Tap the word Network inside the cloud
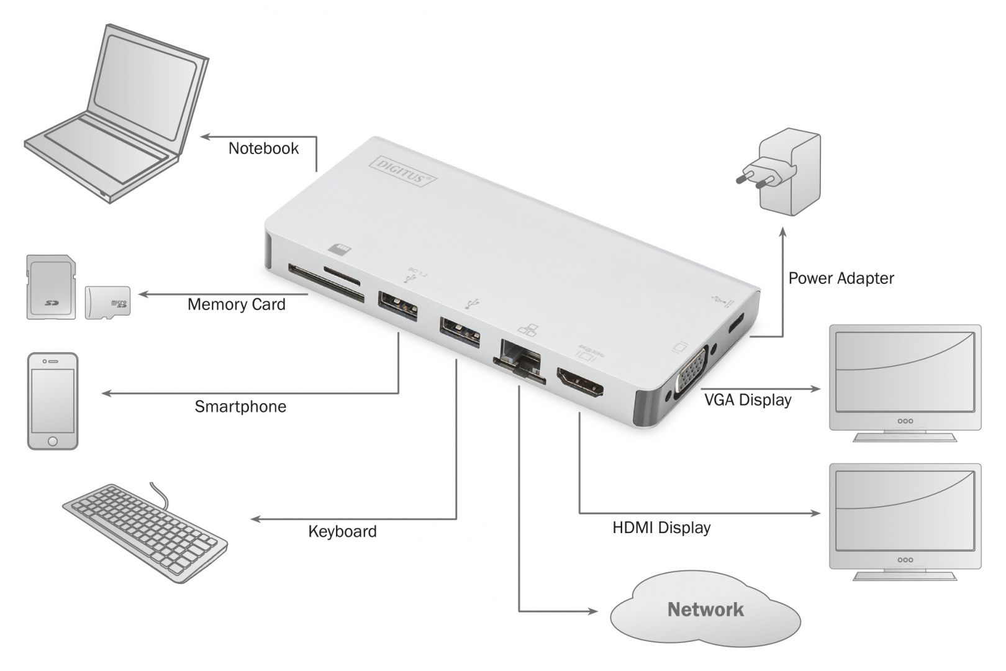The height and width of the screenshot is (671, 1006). [705, 609]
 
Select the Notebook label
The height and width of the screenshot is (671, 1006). [263, 148]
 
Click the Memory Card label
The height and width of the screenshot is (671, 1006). [236, 304]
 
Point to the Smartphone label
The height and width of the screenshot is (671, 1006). [240, 407]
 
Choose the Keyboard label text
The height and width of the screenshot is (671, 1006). [342, 532]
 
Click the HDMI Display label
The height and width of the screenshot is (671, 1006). [661, 528]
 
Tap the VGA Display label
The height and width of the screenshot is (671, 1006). [747, 399]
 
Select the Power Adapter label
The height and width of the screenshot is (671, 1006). [841, 278]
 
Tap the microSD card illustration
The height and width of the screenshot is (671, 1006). [107, 303]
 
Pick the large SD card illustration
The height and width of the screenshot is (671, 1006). [51, 287]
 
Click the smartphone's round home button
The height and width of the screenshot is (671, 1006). [53, 440]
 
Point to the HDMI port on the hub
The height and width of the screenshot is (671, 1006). [580, 383]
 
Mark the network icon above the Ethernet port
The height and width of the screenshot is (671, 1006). [526, 332]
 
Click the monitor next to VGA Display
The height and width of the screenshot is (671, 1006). [905, 382]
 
